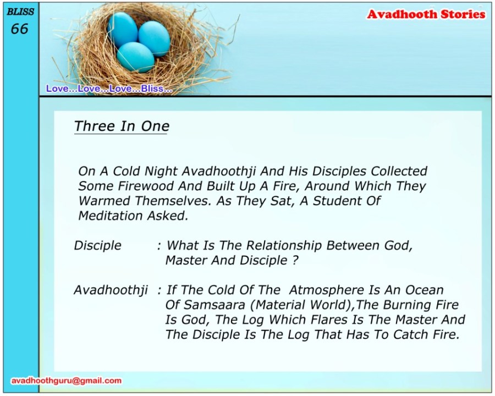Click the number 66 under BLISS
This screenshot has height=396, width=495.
(x=20, y=29)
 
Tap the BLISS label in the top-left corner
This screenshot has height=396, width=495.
(x=20, y=12)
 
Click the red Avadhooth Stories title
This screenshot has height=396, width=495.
(x=426, y=14)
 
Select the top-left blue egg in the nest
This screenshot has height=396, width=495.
(x=123, y=30)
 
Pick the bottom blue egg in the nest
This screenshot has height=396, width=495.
(x=135, y=57)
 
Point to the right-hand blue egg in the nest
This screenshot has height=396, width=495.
(x=155, y=38)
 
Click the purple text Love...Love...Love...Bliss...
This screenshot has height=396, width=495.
(x=109, y=89)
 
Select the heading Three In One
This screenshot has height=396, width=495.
(x=122, y=127)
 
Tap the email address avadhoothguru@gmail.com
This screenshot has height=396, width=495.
(x=67, y=381)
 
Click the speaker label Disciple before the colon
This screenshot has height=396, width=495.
(x=97, y=245)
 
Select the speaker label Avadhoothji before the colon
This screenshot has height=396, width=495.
(x=111, y=290)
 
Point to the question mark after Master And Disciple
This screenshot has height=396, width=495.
(x=295, y=261)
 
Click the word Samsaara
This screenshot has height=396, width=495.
(x=214, y=305)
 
